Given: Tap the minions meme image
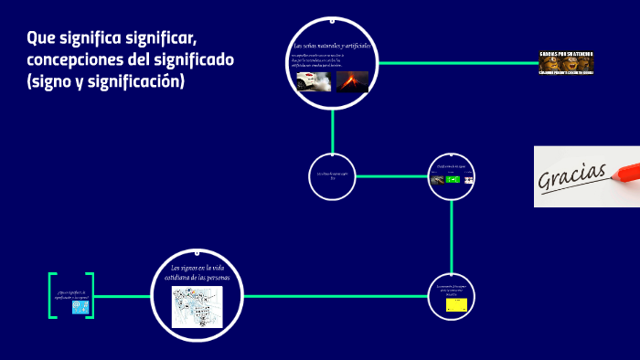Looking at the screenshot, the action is pyautogui.click(x=567, y=62).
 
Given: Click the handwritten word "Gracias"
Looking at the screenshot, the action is pyautogui.click(x=574, y=173).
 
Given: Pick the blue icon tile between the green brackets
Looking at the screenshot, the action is pyautogui.click(x=80, y=306).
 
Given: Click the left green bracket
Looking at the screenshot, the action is pyautogui.click(x=52, y=295).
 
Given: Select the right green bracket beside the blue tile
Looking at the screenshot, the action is pyautogui.click(x=91, y=295).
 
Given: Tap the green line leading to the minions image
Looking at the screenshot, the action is pyautogui.click(x=457, y=62).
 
